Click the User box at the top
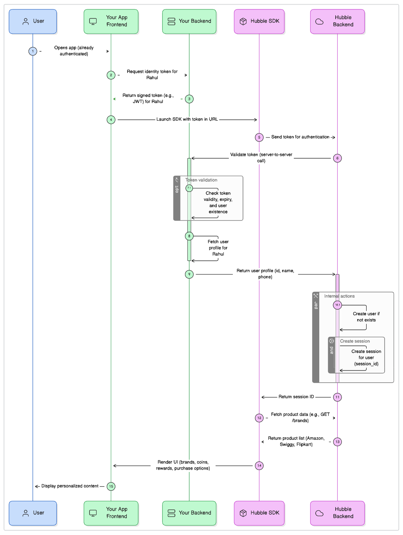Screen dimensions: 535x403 pyautogui.click(x=33, y=22)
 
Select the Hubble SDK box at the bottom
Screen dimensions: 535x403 pyautogui.click(x=259, y=513)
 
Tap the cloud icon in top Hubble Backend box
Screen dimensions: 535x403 pyautogui.click(x=319, y=22)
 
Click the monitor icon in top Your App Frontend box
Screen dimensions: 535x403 pyautogui.click(x=93, y=22)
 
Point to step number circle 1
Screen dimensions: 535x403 pyautogui.click(x=33, y=51)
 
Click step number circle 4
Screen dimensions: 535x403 pyautogui.click(x=111, y=120)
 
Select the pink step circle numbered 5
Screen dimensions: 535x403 pyautogui.click(x=259, y=137)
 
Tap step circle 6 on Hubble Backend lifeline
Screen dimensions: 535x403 pyautogui.click(x=337, y=158)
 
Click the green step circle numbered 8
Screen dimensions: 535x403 pyautogui.click(x=189, y=236)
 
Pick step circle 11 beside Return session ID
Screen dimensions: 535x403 pyautogui.click(x=337, y=397)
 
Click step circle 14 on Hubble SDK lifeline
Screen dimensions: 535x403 pyautogui.click(x=259, y=466)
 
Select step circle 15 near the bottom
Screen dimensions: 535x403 pyautogui.click(x=111, y=486)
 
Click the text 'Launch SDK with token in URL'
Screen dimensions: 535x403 pyautogui.click(x=187, y=119)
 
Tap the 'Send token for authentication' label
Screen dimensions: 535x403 pyautogui.click(x=300, y=137)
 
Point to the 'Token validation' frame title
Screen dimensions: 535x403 pyautogui.click(x=201, y=180)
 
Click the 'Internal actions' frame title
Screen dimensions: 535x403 pyautogui.click(x=339, y=296)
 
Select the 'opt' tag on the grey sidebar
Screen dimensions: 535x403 pyautogui.click(x=177, y=189)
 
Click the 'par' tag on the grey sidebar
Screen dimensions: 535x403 pyautogui.click(x=316, y=305)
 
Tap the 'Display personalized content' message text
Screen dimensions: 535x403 pyautogui.click(x=70, y=486)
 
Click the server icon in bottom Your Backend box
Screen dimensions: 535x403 pyautogui.click(x=171, y=513)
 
